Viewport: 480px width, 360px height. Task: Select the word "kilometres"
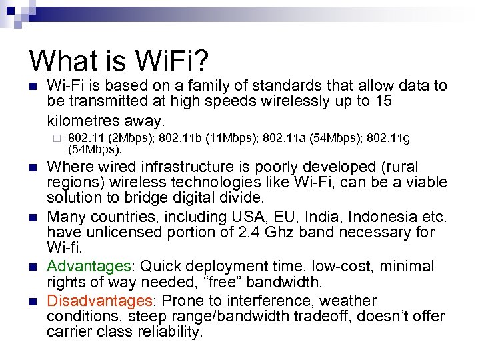tap(85, 121)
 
